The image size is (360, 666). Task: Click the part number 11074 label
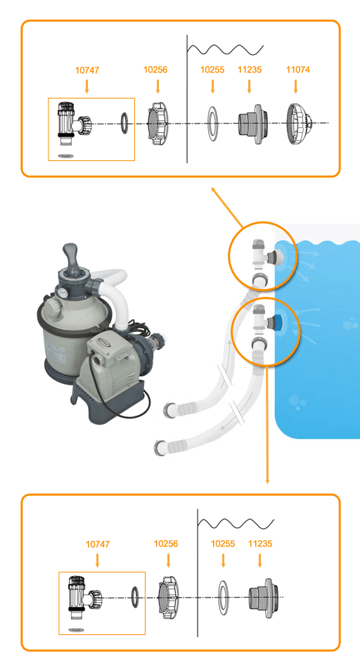coord(298,70)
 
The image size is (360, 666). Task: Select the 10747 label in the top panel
coord(87,70)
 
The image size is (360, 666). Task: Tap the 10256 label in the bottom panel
coord(166,544)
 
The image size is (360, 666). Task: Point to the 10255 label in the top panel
coord(212,70)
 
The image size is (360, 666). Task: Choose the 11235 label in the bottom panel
coord(260,544)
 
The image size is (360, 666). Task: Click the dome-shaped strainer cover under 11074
coord(300,124)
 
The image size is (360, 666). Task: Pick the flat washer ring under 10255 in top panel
coord(212,124)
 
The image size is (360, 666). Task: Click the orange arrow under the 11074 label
coord(296,87)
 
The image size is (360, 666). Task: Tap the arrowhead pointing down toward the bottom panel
coord(267,481)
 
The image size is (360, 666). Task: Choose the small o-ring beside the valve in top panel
coord(124,123)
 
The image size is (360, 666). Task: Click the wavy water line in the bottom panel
coord(236,523)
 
